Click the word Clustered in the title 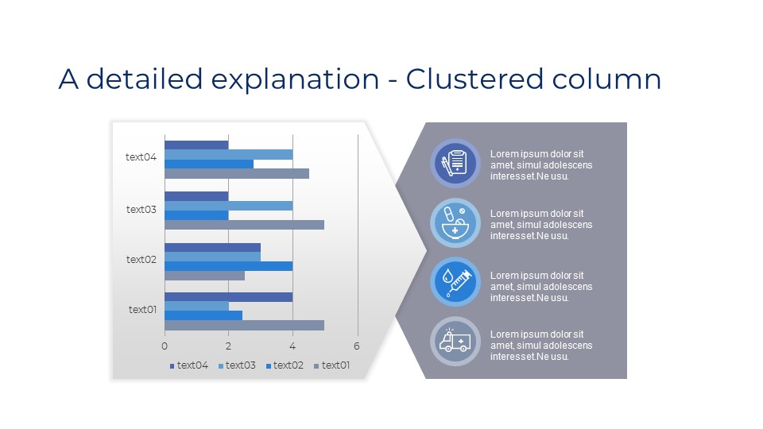coord(474,79)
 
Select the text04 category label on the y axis coord(141,157)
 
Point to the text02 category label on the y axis coord(141,259)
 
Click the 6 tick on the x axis coord(357,346)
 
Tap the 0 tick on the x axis coord(165,346)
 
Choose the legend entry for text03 coord(237,365)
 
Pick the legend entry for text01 coord(332,365)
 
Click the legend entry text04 coord(189,365)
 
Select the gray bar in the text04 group coord(237,174)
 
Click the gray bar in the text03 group coord(244,225)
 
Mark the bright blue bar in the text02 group coord(229,266)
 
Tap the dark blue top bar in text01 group coord(229,296)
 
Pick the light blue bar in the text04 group coord(229,155)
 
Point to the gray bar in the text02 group coord(205,276)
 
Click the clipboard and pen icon coord(455,163)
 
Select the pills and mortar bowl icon coord(455,222)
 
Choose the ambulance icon coord(455,341)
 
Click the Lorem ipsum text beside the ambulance coord(541,346)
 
